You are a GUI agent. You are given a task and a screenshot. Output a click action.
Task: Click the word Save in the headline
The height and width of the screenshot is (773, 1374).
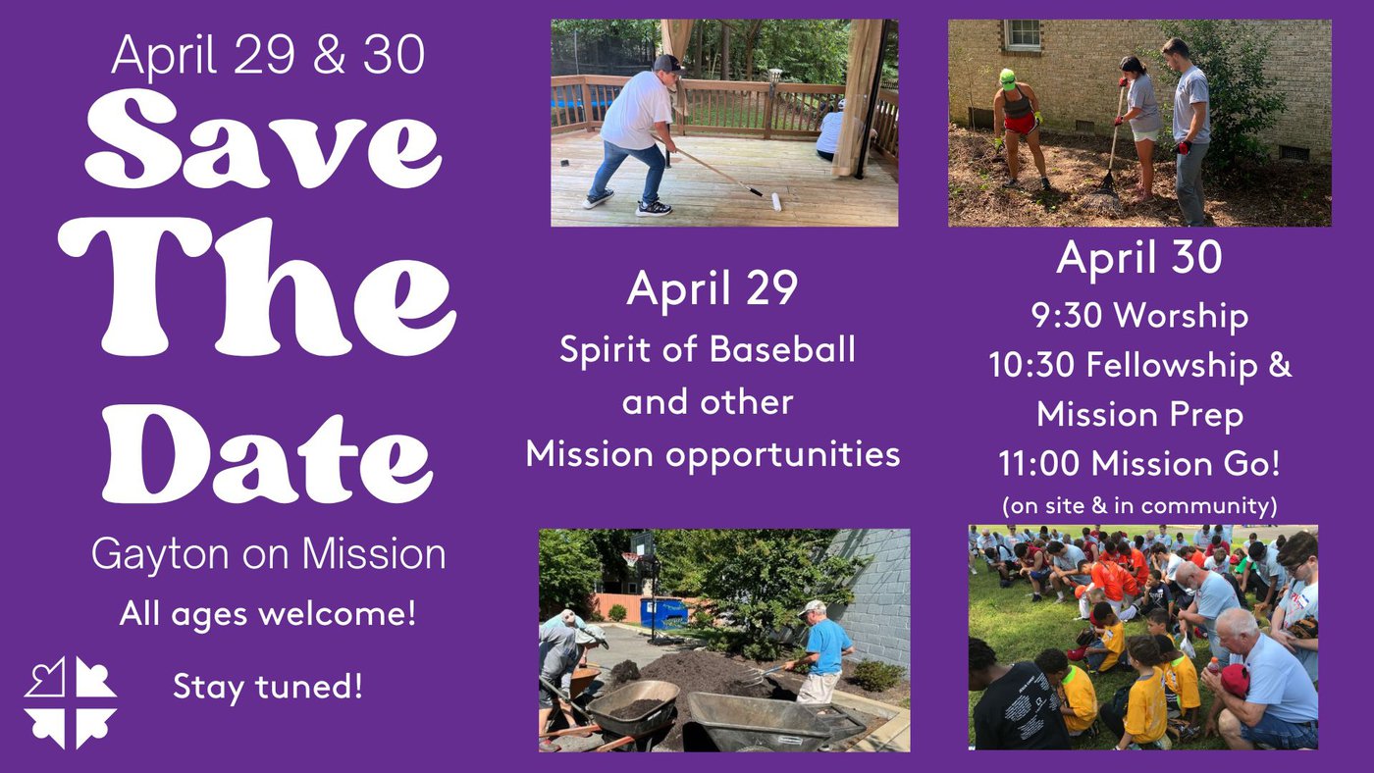[x=264, y=138]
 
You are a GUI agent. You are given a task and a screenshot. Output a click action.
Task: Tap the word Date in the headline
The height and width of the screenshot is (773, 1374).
[x=268, y=454]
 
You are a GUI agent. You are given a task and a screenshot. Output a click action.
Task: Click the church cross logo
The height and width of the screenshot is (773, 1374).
[x=70, y=702]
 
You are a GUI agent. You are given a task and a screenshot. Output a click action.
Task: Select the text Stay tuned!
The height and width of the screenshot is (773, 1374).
[x=267, y=686]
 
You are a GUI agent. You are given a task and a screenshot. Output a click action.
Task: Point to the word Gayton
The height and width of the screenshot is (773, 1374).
[x=162, y=556]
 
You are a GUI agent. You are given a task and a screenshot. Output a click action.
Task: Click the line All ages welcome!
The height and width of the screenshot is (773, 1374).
[x=268, y=613]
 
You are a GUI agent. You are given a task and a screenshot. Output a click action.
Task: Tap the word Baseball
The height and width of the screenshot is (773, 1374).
[x=782, y=349]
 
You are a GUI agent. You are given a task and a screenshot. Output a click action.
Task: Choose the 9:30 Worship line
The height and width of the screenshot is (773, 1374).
[x=1139, y=316]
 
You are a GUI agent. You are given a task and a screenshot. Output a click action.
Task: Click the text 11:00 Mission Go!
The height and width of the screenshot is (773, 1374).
[x=1139, y=463]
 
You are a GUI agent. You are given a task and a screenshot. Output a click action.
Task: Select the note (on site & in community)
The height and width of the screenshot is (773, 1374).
[x=1139, y=506]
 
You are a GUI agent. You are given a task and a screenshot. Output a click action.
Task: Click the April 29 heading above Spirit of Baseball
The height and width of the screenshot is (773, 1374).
[x=713, y=288]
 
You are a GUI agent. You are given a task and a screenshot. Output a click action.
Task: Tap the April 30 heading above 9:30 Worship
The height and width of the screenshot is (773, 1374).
[x=1139, y=257]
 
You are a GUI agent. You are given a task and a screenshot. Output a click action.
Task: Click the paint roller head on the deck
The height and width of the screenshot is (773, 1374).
[x=776, y=202]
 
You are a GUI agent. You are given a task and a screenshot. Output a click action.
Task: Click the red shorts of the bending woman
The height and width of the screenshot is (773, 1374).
[x=1020, y=125]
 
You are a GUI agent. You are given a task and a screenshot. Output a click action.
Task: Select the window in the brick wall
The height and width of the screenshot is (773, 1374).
[x=1024, y=35]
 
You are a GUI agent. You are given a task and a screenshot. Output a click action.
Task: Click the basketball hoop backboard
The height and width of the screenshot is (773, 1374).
[x=641, y=544]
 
